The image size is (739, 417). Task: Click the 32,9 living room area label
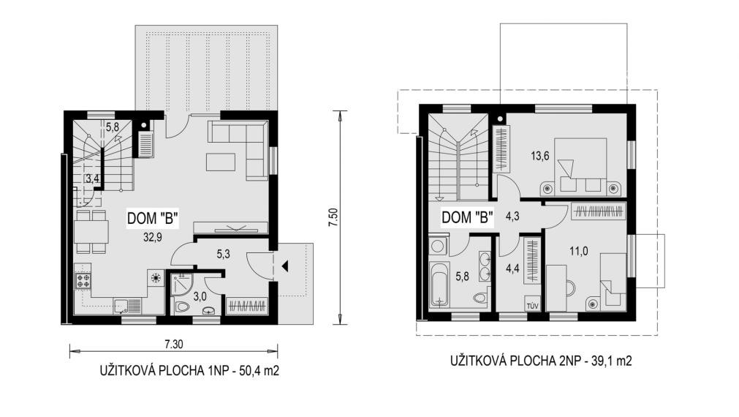(153, 237)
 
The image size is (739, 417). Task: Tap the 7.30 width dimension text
(173, 345)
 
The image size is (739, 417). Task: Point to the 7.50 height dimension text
(333, 217)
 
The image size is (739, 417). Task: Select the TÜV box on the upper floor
(533, 306)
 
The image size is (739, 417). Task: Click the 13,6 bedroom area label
(540, 156)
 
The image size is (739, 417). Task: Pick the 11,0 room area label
(579, 252)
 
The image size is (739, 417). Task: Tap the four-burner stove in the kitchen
(83, 281)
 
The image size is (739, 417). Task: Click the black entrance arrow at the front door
(284, 266)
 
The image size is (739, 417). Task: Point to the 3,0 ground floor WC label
(200, 296)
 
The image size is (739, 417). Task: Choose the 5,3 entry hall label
(223, 255)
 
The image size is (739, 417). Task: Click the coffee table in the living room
(221, 162)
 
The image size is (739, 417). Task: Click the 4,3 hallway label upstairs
(512, 217)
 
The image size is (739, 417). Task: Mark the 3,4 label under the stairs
(92, 179)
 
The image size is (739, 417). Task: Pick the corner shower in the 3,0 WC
(179, 284)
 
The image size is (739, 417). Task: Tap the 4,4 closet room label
(512, 269)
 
